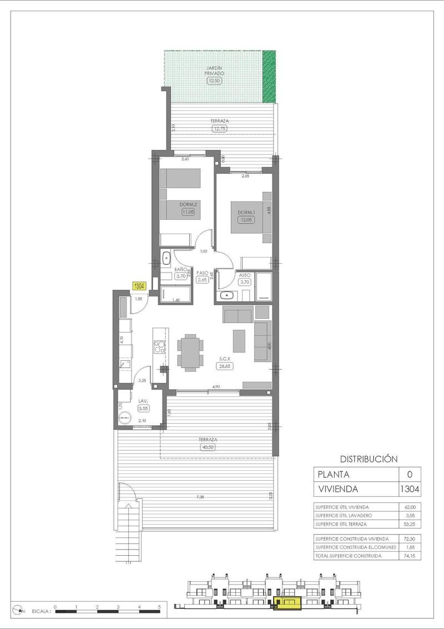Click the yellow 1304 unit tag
(x=139, y=286)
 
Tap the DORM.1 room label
(x=245, y=213)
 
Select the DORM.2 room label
(x=188, y=204)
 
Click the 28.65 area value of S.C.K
(x=224, y=365)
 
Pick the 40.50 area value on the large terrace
(x=206, y=447)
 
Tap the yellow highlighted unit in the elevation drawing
(x=287, y=603)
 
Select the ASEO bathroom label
(x=245, y=275)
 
